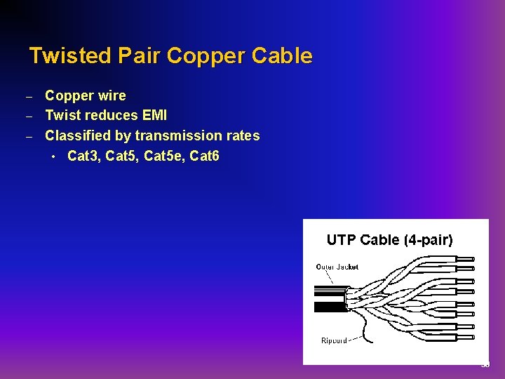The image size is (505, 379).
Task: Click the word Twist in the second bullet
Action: click(x=63, y=115)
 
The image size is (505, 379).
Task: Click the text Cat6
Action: click(x=205, y=156)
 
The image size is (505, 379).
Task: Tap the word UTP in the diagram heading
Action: click(x=342, y=240)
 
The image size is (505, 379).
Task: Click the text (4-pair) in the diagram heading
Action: click(x=428, y=240)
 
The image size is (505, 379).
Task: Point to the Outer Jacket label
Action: click(x=337, y=267)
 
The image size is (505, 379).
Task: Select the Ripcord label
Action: click(x=334, y=340)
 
